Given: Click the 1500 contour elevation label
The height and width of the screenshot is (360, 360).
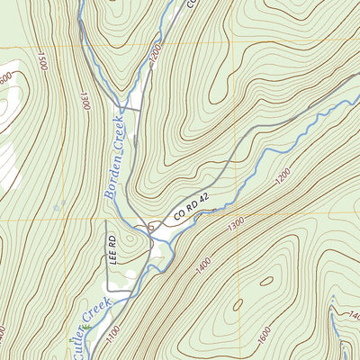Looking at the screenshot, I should pos(41,61).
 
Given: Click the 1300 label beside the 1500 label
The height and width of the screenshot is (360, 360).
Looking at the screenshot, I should pos(85,96).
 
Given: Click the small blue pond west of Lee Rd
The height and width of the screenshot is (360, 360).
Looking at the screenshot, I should pos(56,208).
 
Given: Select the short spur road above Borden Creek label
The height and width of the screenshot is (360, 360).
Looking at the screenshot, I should pos(130,109).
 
